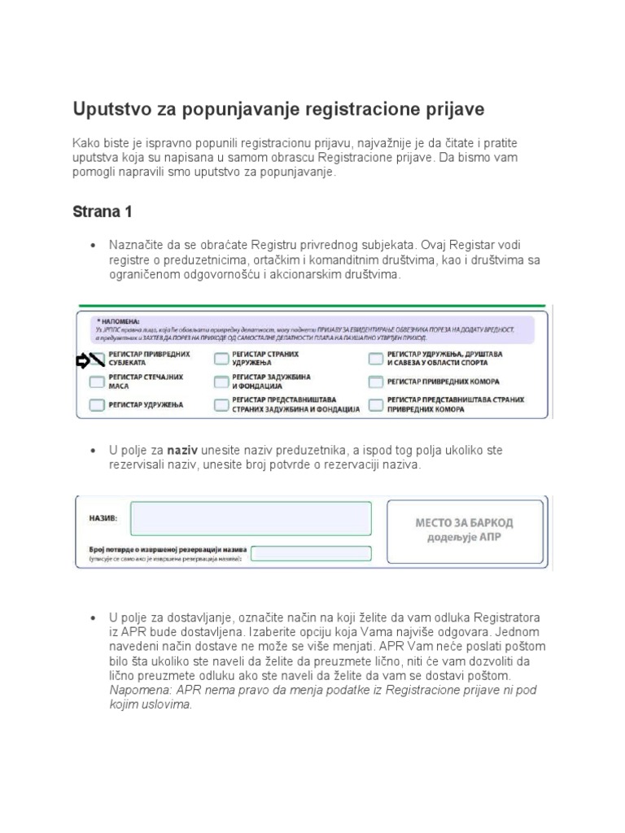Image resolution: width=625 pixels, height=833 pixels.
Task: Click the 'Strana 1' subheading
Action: click(103, 212)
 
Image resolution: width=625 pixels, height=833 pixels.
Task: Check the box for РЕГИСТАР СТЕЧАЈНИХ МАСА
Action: click(97, 382)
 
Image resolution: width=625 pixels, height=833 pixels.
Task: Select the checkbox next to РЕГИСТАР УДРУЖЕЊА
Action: click(97, 405)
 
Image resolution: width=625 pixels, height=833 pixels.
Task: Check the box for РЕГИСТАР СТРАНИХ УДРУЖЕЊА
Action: click(221, 360)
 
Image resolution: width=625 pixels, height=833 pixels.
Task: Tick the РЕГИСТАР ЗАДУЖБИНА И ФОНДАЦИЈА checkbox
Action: click(221, 382)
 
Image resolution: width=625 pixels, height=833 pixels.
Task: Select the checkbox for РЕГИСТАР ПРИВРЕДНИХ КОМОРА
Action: click(375, 382)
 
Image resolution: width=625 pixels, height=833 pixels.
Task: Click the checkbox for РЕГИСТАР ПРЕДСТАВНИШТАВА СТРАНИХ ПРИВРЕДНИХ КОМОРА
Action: click(375, 405)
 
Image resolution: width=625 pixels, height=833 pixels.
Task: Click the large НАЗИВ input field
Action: click(251, 518)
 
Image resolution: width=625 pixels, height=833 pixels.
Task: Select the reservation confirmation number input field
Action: click(310, 553)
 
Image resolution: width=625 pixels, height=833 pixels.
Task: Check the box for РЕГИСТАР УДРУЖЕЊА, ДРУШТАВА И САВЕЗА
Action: click(375, 360)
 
